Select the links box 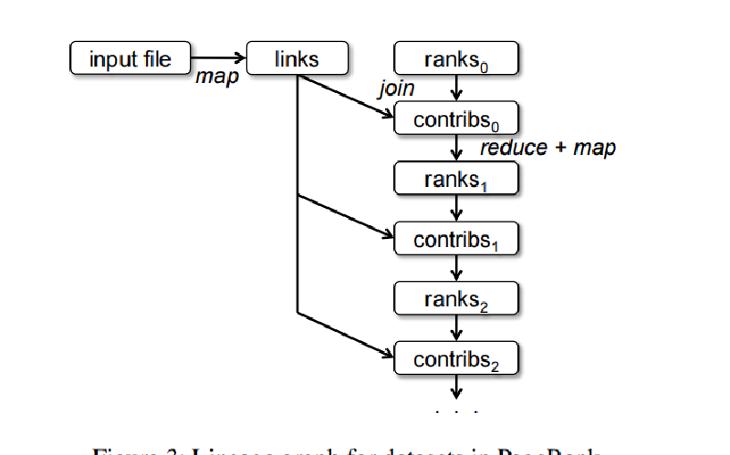297,59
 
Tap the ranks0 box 456,59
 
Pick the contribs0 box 456,119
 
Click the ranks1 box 456,179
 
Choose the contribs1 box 456,239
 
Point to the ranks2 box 456,298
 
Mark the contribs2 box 456,358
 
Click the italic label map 217,78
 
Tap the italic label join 397,88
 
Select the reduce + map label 547,147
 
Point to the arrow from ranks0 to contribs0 456,89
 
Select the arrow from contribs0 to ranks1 456,149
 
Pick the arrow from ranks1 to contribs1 456,209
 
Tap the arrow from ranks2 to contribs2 456,328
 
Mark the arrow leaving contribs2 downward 456,387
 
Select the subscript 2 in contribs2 495,367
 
